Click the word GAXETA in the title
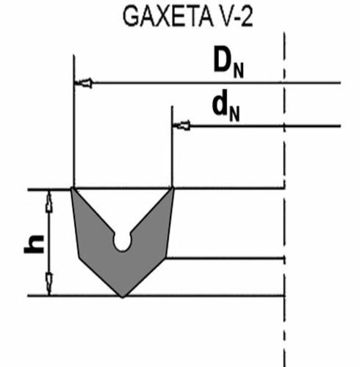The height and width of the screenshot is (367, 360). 168,17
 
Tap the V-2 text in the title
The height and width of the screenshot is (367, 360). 235,17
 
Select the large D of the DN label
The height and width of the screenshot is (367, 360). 223,59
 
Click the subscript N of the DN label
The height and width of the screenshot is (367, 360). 238,70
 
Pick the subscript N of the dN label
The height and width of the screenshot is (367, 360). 234,113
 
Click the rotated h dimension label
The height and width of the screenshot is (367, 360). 34,244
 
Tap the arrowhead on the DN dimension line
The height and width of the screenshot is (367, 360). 83,83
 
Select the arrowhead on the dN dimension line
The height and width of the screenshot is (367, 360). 181,126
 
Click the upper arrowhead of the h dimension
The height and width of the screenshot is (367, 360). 49,201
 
